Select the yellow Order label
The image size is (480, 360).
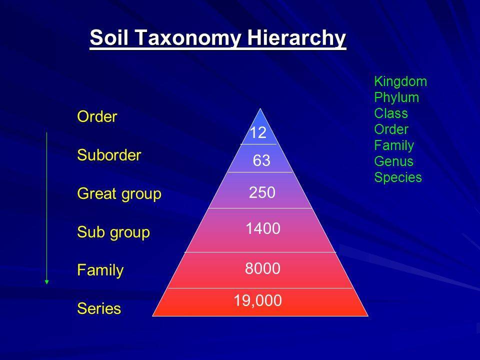coord(97,116)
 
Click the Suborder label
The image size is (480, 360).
coord(109,155)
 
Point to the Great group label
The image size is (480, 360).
coord(119,194)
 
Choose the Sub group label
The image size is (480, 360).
coord(113,232)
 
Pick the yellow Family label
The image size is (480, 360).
coord(100,270)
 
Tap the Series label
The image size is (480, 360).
coord(99,308)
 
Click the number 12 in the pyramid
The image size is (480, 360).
coord(258,133)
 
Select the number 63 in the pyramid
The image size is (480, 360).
coord(261,160)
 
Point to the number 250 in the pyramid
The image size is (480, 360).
coord(262,192)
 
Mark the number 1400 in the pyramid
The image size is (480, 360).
coord(263,228)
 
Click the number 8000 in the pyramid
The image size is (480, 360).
coord(262,268)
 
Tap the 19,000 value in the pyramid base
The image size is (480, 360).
coord(258,300)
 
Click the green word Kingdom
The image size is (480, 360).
coord(400,82)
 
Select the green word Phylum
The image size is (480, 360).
coord(396,98)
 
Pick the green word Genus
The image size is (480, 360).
coord(393,161)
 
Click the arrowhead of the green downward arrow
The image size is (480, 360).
coord(47,282)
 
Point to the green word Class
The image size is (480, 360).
coord(391,113)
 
